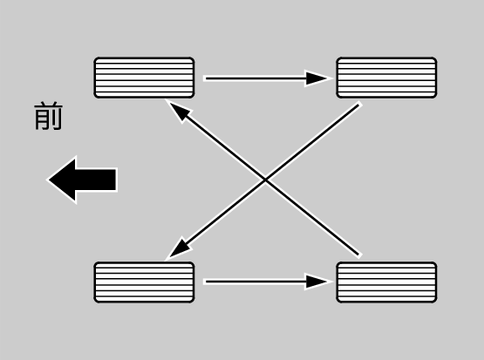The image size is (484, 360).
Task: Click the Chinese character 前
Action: point(49,116)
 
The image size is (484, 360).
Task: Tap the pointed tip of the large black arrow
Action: point(49,180)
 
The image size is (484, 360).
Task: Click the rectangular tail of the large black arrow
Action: point(95,180)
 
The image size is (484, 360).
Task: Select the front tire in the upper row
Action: point(144,78)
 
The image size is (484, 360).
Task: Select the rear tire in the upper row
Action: point(386,78)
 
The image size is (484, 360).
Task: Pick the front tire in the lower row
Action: point(144,282)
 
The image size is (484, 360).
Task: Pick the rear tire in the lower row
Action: point(386,282)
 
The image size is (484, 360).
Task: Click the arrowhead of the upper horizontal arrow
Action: point(317,78)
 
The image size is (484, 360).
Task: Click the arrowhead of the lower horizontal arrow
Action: point(317,282)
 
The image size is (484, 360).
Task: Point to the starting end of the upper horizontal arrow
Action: point(206,78)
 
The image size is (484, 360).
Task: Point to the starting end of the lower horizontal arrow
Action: point(206,282)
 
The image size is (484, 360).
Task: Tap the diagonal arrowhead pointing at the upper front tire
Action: point(180,111)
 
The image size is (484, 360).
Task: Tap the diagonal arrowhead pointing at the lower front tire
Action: point(180,248)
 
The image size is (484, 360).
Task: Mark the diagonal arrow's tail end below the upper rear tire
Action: point(358,105)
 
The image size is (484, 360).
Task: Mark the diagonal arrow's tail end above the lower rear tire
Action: point(358,255)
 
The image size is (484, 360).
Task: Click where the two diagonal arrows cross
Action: point(265,180)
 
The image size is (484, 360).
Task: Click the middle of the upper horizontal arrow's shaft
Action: point(256,78)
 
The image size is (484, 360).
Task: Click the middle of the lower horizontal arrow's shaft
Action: point(256,282)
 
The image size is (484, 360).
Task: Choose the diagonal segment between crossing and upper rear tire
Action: point(312,142)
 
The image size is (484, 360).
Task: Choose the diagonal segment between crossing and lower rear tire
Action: point(312,217)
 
